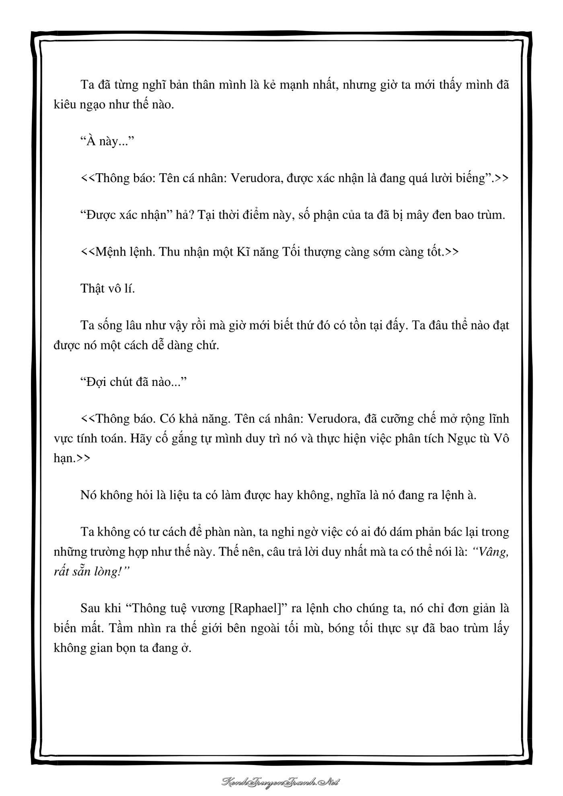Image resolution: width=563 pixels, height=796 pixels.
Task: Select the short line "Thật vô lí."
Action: (x=108, y=288)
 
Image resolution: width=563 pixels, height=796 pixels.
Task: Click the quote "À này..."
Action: (x=107, y=142)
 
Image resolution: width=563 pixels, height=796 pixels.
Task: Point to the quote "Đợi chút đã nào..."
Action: (x=134, y=382)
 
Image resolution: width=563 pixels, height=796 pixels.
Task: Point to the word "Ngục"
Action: (x=460, y=438)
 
